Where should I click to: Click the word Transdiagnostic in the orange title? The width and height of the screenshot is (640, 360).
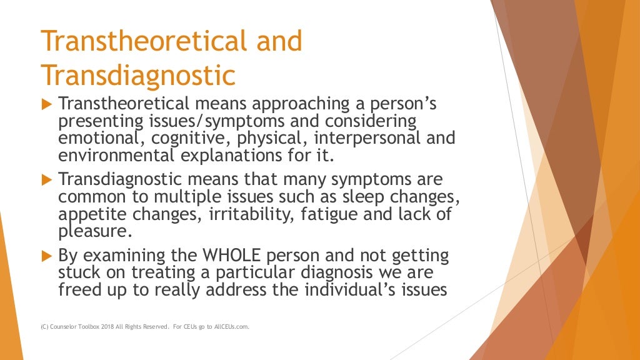tap(138, 76)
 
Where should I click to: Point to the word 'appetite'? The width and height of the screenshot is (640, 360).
tap(90, 214)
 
